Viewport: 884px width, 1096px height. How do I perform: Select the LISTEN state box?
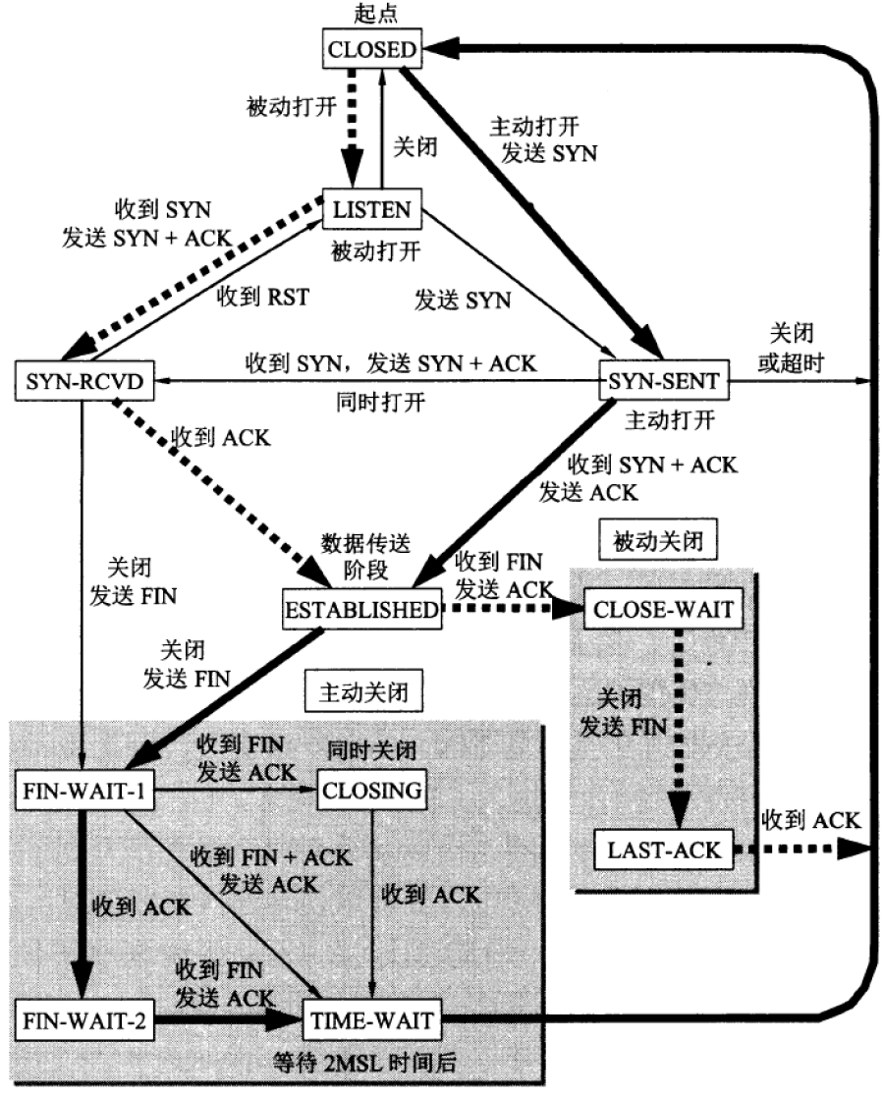point(372,209)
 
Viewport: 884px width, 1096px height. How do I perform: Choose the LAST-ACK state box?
point(663,849)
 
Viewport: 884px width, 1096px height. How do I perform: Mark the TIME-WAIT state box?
point(371,1021)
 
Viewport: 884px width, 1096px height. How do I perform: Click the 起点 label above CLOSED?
point(371,13)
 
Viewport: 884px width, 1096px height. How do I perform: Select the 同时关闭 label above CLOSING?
point(371,751)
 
